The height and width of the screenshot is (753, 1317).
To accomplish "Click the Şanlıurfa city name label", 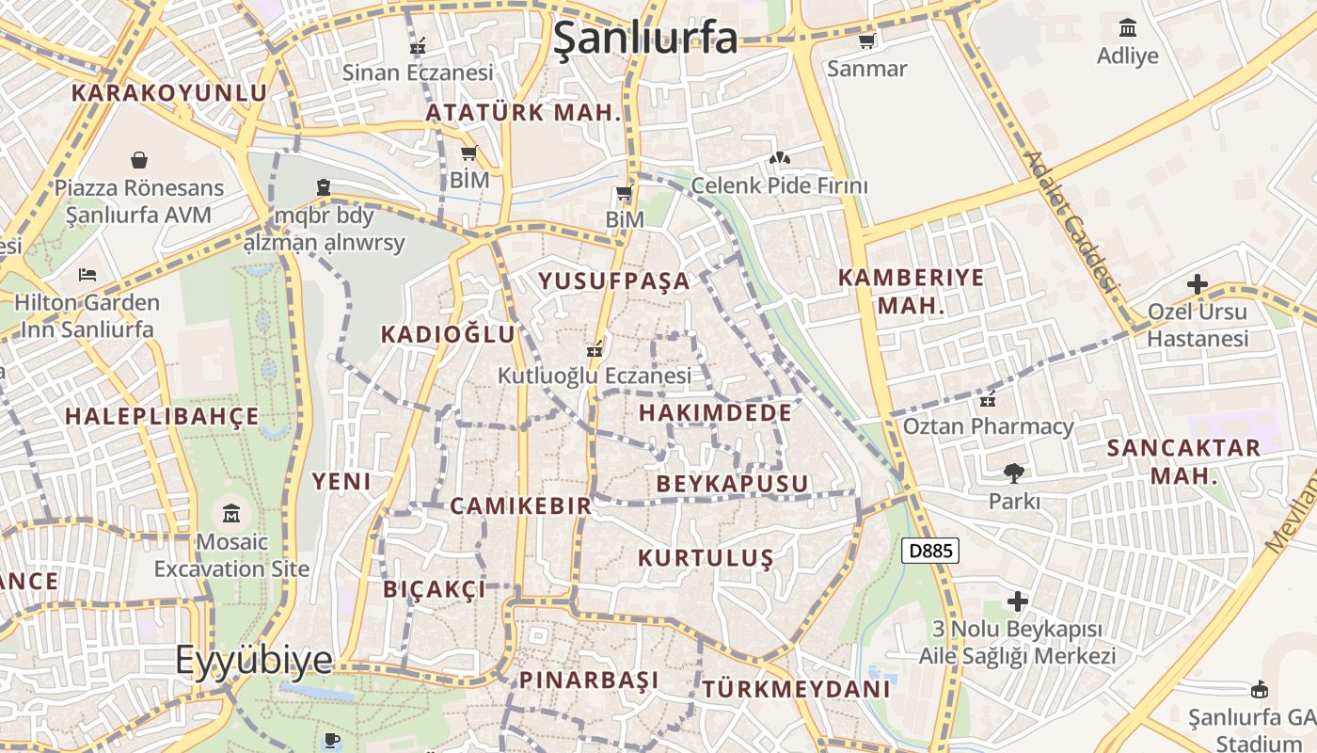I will click(x=645, y=38).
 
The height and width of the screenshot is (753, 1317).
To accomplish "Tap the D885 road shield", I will click(x=930, y=551).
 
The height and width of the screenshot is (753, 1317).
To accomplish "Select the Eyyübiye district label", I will click(x=254, y=660).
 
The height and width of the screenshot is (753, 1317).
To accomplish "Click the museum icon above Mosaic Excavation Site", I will click(x=231, y=514).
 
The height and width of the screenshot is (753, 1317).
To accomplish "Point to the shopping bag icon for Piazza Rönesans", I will click(x=139, y=159).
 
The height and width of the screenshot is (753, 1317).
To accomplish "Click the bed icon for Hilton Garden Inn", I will click(x=87, y=275).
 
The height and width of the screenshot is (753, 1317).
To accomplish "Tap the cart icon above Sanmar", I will click(x=866, y=40).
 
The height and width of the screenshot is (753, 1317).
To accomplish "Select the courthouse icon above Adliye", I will click(x=1128, y=27).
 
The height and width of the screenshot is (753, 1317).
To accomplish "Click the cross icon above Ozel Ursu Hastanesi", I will click(x=1198, y=283).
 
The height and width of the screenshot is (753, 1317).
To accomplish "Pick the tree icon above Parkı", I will click(x=1014, y=473).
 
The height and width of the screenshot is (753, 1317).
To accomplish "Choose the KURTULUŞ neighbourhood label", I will click(x=706, y=558).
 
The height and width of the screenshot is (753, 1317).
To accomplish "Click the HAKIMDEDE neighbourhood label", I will click(x=715, y=413).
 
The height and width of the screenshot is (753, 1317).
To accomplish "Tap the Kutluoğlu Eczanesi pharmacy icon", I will click(x=594, y=349).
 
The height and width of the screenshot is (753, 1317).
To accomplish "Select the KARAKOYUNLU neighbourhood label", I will click(x=169, y=93).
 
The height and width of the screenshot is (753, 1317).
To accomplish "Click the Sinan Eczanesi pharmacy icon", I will click(x=418, y=45).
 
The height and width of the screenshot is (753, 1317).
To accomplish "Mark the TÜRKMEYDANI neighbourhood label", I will click(x=796, y=689).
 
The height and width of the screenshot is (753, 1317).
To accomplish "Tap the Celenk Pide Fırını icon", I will click(x=779, y=157).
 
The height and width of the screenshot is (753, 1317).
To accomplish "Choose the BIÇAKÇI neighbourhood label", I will click(x=435, y=589).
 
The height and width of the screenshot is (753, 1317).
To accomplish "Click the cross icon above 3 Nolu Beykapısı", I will click(x=1017, y=601).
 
